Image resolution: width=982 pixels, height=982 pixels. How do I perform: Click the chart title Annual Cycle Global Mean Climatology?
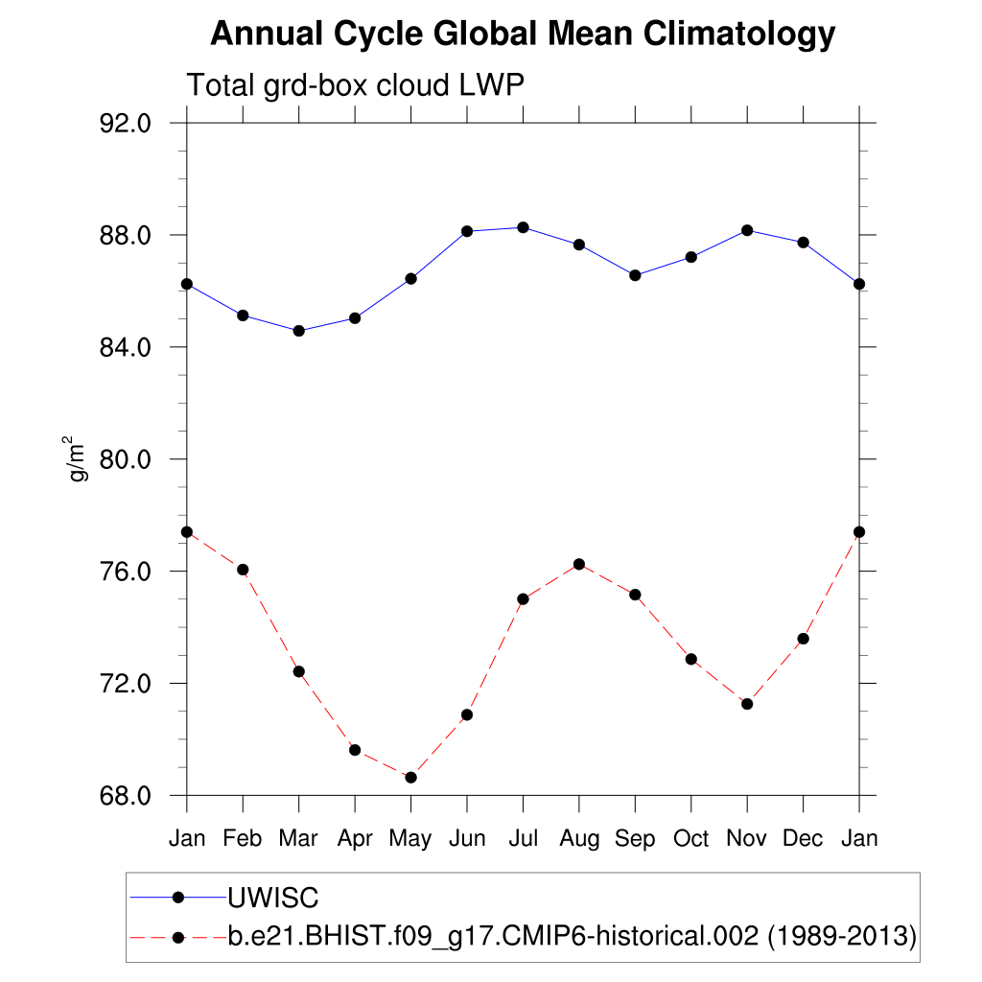523,35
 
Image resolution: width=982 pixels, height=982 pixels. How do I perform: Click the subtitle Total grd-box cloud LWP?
355,85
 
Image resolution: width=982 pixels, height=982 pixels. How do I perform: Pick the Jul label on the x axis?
523,838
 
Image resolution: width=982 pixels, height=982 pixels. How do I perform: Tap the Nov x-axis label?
747,838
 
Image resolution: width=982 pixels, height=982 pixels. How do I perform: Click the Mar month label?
298,838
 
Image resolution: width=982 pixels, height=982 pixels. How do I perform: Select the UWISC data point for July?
523,227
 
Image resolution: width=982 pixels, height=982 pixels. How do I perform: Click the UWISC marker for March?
298,331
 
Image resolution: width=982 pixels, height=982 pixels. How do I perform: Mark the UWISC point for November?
747,230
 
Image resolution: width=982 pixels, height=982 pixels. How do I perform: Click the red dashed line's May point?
410,777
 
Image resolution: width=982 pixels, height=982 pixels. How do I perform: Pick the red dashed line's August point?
579,564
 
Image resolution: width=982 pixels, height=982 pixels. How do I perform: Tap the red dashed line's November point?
747,704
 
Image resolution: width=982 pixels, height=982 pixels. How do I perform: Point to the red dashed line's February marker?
243,570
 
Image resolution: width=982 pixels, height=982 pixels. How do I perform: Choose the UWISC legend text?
272,898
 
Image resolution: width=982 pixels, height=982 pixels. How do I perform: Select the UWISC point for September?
635,275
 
